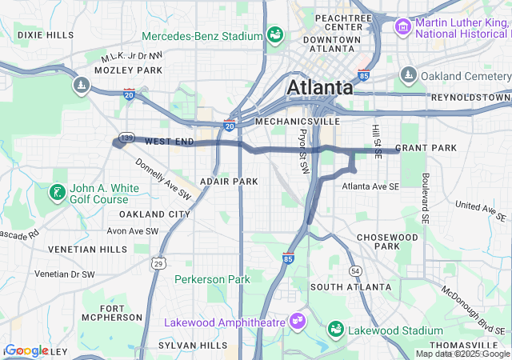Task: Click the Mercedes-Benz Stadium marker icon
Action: click(x=274, y=35)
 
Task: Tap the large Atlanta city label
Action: click(x=320, y=86)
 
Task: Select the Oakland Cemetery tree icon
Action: click(x=408, y=75)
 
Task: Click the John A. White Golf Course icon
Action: click(x=57, y=192)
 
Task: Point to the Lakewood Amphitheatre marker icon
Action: click(x=298, y=320)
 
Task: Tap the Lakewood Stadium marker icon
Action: click(x=336, y=330)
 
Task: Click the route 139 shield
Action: click(x=124, y=138)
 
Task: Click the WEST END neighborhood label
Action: click(x=170, y=142)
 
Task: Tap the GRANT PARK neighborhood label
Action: click(x=426, y=148)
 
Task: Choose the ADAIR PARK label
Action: click(x=229, y=182)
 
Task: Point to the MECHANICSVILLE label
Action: click(x=297, y=122)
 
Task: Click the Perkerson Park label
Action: click(x=213, y=279)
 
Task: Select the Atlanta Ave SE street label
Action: click(x=370, y=186)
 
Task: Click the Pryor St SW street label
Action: click(x=303, y=151)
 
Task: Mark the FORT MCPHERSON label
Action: click(x=111, y=313)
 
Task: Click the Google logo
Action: click(x=26, y=350)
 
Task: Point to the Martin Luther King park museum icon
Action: click(x=403, y=28)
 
